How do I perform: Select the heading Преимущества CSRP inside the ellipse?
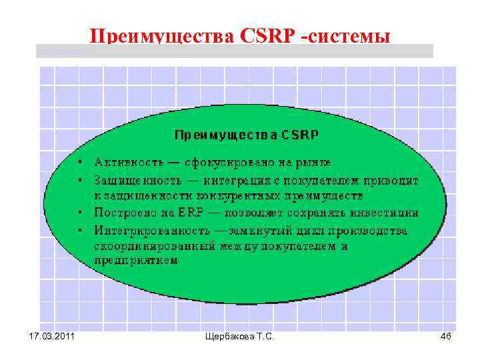click(x=246, y=135)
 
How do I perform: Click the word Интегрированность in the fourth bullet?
click(x=148, y=231)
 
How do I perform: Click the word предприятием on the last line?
click(x=135, y=261)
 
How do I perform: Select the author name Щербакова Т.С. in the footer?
click(x=241, y=337)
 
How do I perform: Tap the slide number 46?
click(x=446, y=337)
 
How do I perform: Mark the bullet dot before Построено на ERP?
click(x=79, y=213)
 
